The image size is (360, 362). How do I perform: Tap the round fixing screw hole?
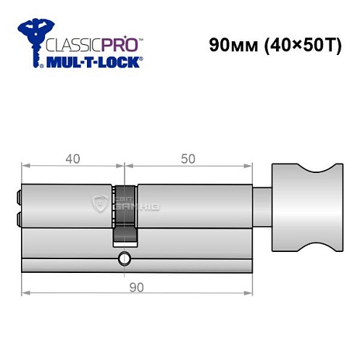pos(125,257)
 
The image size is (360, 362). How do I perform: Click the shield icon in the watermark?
pos(100,205)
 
